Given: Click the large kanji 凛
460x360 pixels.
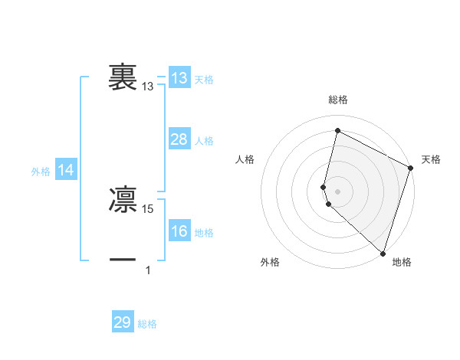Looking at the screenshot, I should pyautogui.click(x=123, y=198).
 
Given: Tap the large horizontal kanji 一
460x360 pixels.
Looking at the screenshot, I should pyautogui.click(x=123, y=260).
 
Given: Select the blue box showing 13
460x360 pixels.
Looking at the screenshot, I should pyautogui.click(x=179, y=78).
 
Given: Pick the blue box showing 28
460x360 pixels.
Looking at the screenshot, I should pyautogui.click(x=179, y=139).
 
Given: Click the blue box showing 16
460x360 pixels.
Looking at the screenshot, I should pyautogui.click(x=179, y=231).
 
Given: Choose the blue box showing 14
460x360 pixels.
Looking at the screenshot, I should pyautogui.click(x=66, y=171).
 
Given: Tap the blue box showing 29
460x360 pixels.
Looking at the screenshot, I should pyautogui.click(x=123, y=322).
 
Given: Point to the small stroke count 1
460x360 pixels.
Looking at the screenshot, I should pyautogui.click(x=148, y=270).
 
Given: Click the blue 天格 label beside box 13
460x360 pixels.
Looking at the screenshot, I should pyautogui.click(x=204, y=80).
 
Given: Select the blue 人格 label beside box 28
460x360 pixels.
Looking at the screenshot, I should pyautogui.click(x=204, y=141).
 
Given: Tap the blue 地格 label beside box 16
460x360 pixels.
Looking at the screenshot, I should pyautogui.click(x=204, y=233).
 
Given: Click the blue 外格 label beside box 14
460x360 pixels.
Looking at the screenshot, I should pyautogui.click(x=41, y=172).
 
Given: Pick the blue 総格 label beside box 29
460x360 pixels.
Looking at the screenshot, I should pyautogui.click(x=147, y=324).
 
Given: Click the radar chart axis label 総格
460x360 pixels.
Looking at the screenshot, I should pyautogui.click(x=337, y=100).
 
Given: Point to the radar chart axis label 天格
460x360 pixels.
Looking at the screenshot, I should pyautogui.click(x=431, y=159).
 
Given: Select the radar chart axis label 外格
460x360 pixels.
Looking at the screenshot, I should pyautogui.click(x=270, y=262).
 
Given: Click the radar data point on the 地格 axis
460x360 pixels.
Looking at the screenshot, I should pyautogui.click(x=383, y=253).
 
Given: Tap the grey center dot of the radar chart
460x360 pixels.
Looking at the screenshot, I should pyautogui.click(x=337, y=191).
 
